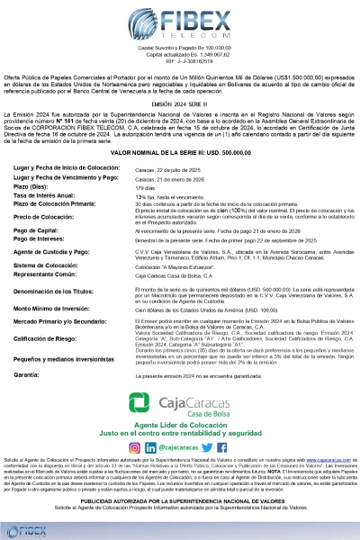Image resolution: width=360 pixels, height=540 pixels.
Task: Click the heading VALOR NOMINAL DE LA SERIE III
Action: tap(180, 154)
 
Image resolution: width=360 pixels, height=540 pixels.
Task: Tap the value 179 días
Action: tap(146, 186)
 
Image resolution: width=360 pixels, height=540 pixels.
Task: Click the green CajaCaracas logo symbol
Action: tap(139, 401)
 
